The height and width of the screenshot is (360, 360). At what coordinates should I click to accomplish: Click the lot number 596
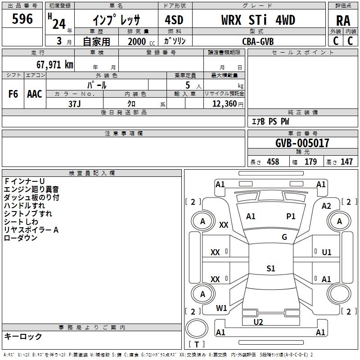[x=22, y=19]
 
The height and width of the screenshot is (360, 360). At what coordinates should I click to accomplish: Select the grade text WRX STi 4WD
[x=258, y=20]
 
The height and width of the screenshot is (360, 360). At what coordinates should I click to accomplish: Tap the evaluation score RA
[x=343, y=21]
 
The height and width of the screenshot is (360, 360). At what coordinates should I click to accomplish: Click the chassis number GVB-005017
[x=302, y=143]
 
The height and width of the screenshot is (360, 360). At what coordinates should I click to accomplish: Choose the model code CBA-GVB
[x=258, y=41]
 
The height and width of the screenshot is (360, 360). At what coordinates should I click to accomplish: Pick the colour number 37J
[x=75, y=103]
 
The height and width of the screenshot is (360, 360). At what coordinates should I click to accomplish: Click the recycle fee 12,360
[x=224, y=103]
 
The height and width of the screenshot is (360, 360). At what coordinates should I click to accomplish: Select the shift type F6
[x=13, y=94]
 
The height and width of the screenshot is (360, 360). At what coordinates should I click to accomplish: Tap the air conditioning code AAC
[x=35, y=94]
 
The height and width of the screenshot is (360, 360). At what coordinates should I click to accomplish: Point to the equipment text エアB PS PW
[x=270, y=121]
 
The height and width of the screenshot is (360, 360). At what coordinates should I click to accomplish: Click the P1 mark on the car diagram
[x=291, y=216]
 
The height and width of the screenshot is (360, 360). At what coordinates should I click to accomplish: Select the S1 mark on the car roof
[x=270, y=269]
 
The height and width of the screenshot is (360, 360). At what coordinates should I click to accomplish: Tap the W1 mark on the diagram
[x=221, y=308]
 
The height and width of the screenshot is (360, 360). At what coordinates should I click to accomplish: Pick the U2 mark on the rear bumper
[x=258, y=322]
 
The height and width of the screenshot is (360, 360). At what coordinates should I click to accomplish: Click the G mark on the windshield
[x=284, y=237]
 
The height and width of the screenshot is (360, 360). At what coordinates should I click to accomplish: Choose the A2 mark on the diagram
[x=326, y=206]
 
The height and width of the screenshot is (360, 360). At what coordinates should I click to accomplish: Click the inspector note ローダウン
[x=21, y=238]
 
